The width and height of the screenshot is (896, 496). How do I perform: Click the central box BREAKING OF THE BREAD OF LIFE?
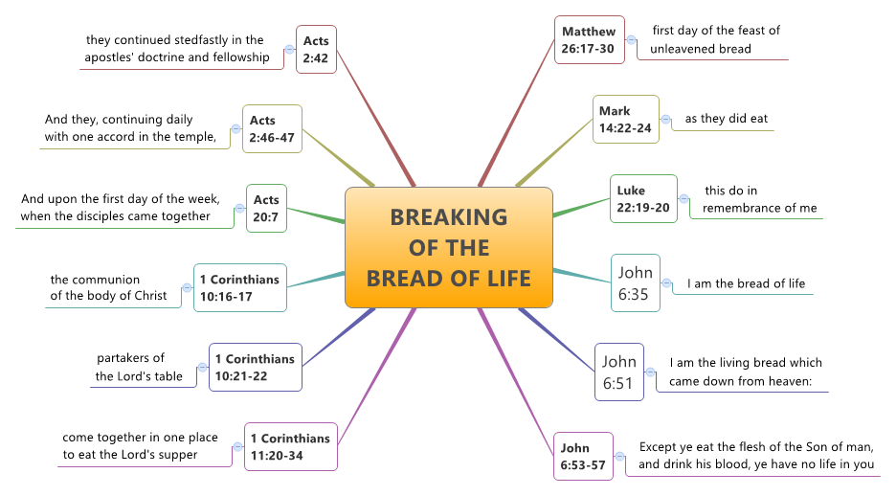coord(448,247)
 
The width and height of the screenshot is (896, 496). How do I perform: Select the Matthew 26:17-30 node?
coord(589,40)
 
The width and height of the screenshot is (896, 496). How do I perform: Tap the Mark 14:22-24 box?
coord(625,120)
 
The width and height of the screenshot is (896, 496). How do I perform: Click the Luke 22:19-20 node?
coord(643,199)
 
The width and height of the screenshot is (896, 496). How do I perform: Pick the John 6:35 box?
coord(635,283)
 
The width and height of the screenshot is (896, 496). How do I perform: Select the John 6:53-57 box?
coord(583,456)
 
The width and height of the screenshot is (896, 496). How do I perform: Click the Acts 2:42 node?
coord(316,49)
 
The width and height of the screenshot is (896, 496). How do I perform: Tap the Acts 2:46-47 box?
coord(272,129)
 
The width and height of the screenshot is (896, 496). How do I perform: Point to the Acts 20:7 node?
coord(266,208)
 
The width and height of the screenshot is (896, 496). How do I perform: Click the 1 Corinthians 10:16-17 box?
coord(239,287)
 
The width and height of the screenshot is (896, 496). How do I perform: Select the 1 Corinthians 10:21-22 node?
coord(255,367)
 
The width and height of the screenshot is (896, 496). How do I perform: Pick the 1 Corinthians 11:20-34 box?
coord(290,446)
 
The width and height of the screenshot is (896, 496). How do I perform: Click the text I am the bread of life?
coord(746,283)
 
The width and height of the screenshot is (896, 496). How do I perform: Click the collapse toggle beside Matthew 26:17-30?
coord(632,40)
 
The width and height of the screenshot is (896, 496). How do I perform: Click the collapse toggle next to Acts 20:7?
coord(239,208)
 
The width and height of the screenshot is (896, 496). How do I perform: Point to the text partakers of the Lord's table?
coord(139,367)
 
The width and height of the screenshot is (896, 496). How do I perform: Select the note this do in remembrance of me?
coord(759,199)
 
